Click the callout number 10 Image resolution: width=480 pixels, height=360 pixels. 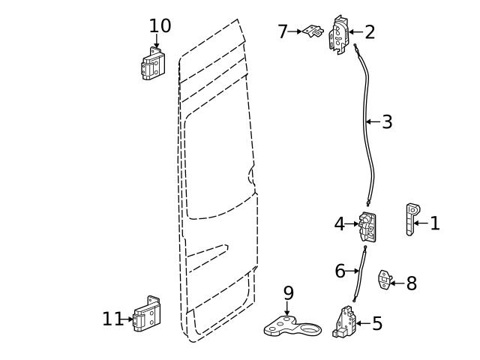(160, 25)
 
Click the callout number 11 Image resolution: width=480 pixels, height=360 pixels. (112, 319)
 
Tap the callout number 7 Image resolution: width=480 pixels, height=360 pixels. (283, 31)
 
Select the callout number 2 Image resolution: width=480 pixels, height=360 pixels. (369, 31)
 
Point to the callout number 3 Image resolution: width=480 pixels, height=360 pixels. (387, 121)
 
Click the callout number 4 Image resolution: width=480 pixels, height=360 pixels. (340, 223)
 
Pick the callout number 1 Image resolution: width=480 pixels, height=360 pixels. (435, 223)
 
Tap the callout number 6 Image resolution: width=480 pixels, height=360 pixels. (340, 270)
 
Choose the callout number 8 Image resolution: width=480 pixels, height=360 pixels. (411, 283)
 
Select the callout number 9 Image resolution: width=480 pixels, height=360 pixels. (288, 292)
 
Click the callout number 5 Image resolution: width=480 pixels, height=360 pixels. (377, 323)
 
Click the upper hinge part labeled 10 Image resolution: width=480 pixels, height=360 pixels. (154, 64)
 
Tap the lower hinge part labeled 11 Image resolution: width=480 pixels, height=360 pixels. (147, 316)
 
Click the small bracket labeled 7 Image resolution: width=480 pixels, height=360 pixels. (313, 32)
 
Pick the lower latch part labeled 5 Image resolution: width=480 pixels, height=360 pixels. (345, 322)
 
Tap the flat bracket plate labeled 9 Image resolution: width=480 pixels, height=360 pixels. (292, 327)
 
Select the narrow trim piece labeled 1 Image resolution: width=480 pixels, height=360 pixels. (411, 218)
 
